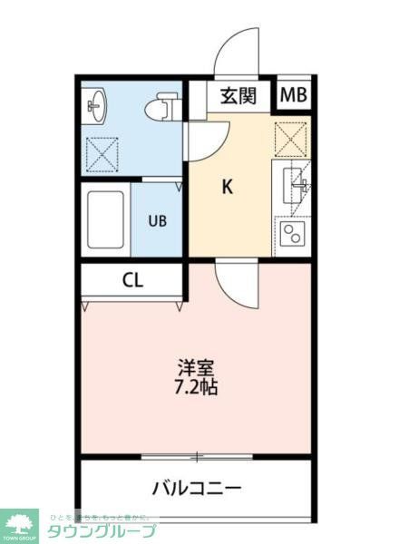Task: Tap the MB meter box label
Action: [x=293, y=95]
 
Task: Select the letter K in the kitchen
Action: [x=229, y=188]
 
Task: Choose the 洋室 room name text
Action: [x=196, y=368]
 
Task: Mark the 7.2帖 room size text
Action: [x=196, y=387]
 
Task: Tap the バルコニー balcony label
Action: [x=197, y=489]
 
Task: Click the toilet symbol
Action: [x=162, y=107]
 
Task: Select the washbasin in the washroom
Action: [x=96, y=107]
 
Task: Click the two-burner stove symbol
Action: [x=293, y=236]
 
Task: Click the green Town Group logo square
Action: [x=20, y=525]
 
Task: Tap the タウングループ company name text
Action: [x=101, y=531]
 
